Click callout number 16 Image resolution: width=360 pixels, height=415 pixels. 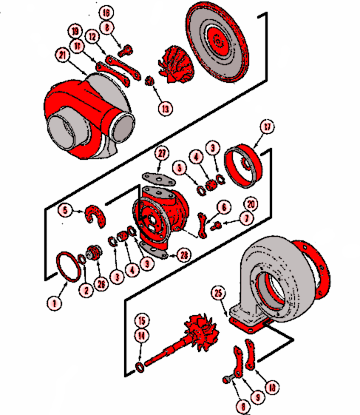106,13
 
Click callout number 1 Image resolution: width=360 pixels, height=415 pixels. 52,303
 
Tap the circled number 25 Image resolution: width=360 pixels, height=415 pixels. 218,294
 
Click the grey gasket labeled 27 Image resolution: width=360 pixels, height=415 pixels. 154,178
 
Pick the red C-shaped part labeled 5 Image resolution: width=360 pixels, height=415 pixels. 93,215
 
